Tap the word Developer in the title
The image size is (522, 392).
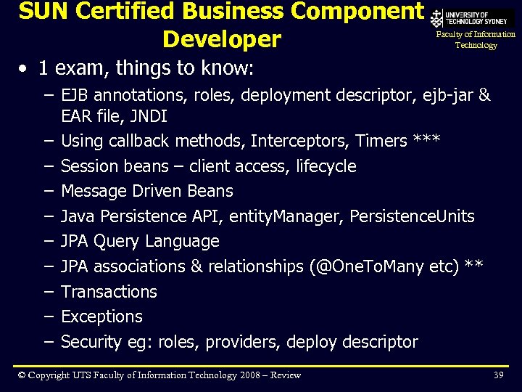pyautogui.click(x=222, y=38)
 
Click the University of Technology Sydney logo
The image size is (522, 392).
pyautogui.click(x=472, y=19)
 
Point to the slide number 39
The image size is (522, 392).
pyautogui.click(x=498, y=375)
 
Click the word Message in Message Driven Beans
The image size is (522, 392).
pyautogui.click(x=94, y=191)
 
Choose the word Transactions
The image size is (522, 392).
pyautogui.click(x=109, y=292)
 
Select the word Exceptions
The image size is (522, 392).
pyautogui.click(x=101, y=317)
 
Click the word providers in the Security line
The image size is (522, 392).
pyautogui.click(x=241, y=342)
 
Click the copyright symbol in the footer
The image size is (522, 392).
pyautogui.click(x=22, y=375)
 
